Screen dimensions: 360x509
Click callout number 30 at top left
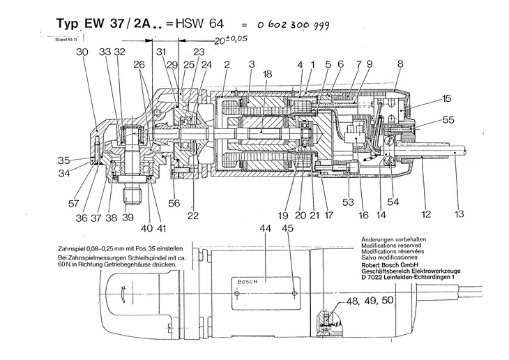pos(82,52)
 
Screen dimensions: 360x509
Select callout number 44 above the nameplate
pos(244,230)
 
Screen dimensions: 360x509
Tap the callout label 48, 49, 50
pos(363,302)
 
